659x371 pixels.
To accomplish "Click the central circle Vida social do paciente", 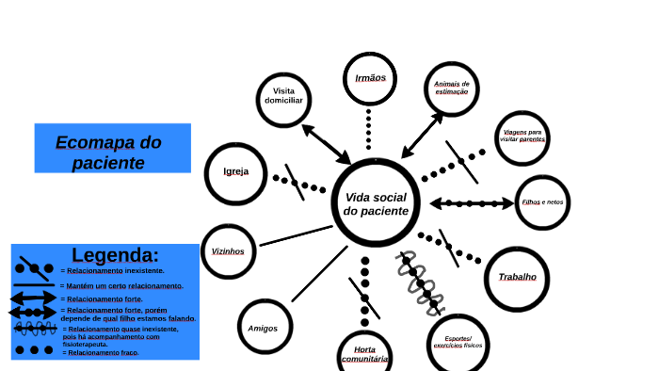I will pos(377,203).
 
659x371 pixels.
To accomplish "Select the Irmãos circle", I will pos(370,78).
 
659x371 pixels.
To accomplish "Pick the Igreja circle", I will pos(236,172).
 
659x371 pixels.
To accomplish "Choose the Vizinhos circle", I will pos(228,251).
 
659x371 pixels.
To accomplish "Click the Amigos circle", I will pos(263,328).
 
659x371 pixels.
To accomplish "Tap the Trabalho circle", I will pos(517,277).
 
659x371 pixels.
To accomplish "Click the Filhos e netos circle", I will pos(543,202).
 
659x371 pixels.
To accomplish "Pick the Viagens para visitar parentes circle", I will pos(522,137).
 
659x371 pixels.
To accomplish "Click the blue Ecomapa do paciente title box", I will pos(112,148).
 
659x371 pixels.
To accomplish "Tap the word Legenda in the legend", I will pos(115,255).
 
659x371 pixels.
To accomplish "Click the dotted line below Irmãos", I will pos(368,128).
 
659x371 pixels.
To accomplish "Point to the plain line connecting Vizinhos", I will pos(296,234).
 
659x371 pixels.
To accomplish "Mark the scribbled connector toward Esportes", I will pos(419,282).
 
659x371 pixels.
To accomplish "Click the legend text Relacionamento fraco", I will pos(101,353).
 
